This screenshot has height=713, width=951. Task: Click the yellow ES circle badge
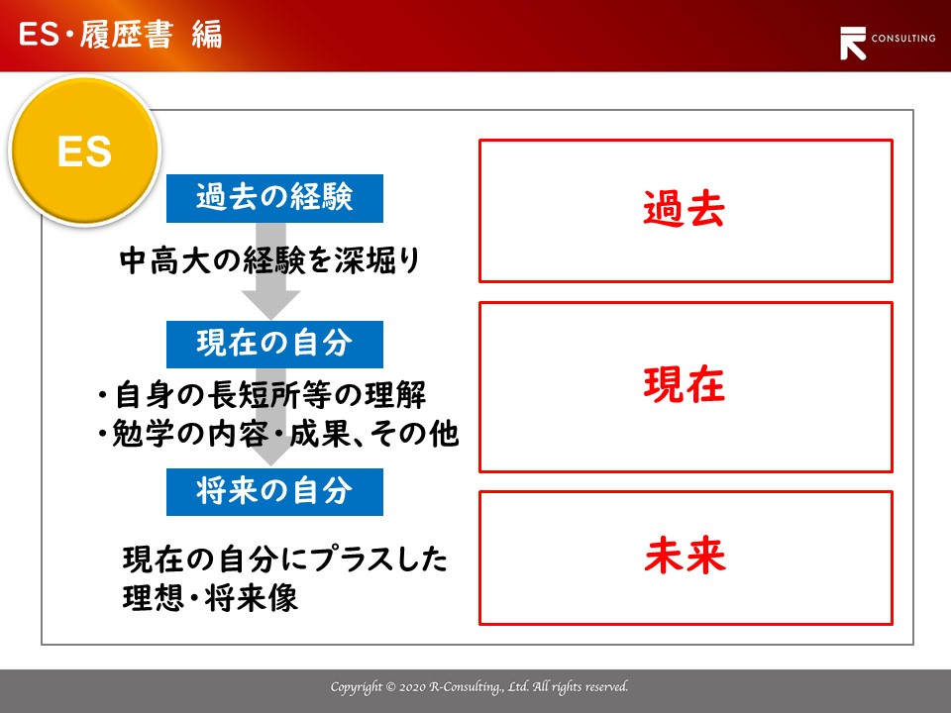point(85,151)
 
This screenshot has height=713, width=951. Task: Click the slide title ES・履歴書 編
point(120,34)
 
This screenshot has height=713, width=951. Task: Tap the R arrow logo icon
point(853,44)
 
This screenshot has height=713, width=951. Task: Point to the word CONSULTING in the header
point(903,39)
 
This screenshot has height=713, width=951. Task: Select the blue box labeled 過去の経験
point(274,198)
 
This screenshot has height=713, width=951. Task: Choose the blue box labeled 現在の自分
point(274,345)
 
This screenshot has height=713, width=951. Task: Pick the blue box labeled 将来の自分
point(274,492)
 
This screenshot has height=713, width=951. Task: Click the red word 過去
point(685,209)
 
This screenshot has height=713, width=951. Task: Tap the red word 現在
point(685,384)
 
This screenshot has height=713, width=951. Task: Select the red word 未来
point(686,555)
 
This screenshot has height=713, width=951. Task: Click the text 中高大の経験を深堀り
point(269,260)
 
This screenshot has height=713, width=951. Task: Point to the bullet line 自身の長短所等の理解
point(262,395)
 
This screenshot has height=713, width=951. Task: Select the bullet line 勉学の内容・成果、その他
point(277,434)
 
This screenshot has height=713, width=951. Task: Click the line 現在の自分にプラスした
point(285,559)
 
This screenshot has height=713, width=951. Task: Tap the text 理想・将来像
point(210,598)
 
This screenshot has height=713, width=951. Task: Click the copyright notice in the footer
point(479,687)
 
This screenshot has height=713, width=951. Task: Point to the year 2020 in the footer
point(412,687)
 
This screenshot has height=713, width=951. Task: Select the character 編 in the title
point(207,35)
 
